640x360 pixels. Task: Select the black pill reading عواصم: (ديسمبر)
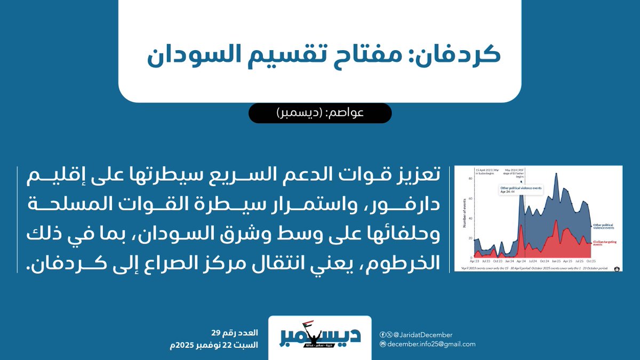coord(320,113)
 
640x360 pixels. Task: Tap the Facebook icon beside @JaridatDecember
coord(382,335)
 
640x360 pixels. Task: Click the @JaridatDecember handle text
coord(423,335)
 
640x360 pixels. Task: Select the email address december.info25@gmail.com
coord(431,345)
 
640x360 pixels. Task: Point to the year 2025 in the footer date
coord(184,345)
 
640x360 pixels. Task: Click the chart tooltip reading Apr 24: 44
coord(510,194)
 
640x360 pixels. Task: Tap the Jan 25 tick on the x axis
coord(556,261)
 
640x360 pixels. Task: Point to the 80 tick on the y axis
coord(471,179)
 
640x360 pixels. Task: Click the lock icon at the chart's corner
coord(617,268)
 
